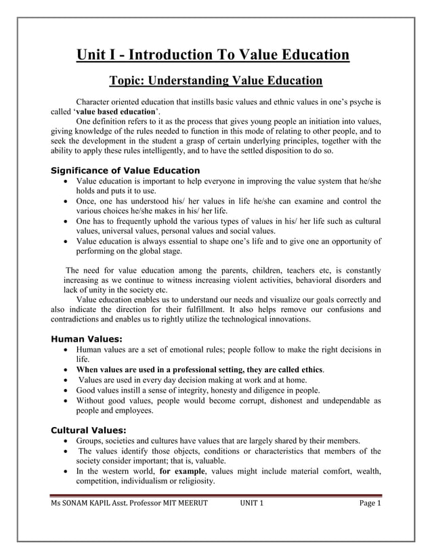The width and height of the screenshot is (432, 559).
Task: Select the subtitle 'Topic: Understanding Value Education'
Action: pos(215,82)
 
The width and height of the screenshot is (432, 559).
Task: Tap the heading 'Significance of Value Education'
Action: pos(125,171)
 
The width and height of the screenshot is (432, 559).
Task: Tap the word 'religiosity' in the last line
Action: pos(194,481)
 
